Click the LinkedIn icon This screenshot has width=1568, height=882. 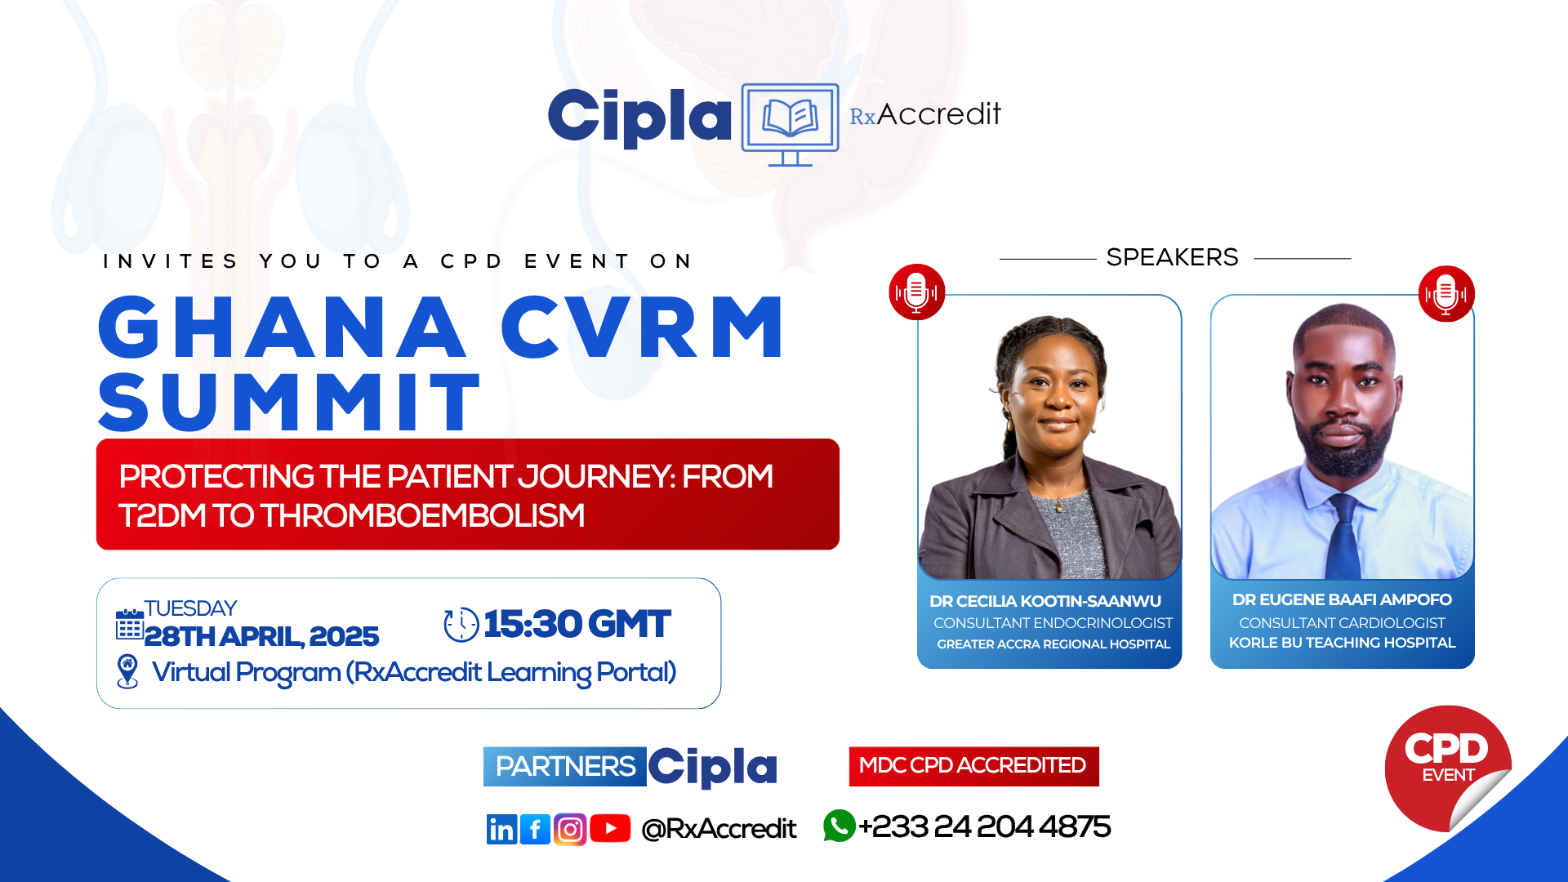click(501, 829)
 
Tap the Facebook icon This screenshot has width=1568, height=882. click(535, 829)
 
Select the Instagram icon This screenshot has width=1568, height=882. click(570, 829)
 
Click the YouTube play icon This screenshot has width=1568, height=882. click(610, 828)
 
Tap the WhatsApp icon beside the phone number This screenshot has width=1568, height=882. click(839, 826)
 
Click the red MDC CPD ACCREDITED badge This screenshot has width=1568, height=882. click(973, 766)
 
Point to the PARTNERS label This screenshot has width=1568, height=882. click(564, 767)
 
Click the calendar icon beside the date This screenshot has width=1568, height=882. click(129, 625)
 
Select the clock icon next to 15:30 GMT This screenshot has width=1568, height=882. click(461, 625)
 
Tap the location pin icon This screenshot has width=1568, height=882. click(127, 671)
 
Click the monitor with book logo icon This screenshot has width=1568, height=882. click(790, 123)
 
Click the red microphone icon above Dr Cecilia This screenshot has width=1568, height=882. click(916, 292)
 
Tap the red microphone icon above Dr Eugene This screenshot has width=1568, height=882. click(1445, 293)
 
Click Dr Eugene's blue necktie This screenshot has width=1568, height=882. click(1342, 539)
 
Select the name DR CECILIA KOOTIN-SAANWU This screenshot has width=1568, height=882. click(1045, 601)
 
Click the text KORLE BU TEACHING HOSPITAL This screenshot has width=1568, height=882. click(1342, 643)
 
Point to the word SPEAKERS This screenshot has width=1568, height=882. click(1172, 257)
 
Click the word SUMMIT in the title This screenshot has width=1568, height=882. click(290, 402)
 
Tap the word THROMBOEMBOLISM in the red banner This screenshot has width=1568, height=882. click(422, 515)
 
